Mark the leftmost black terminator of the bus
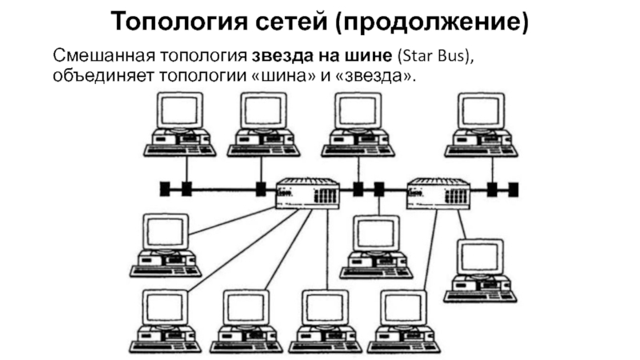pyautogui.click(x=165, y=190)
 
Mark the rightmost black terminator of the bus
pyautogui.click(x=514, y=190)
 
